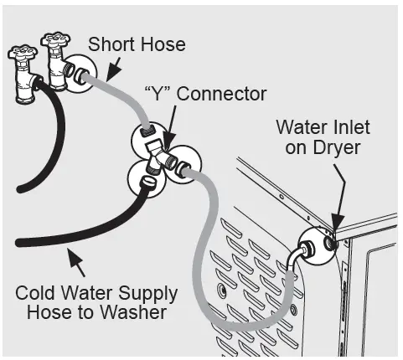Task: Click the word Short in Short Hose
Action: coord(113,43)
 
